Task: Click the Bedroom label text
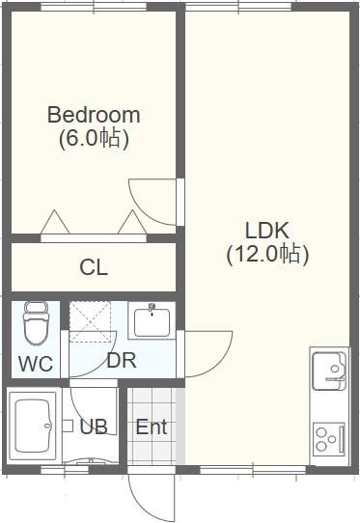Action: pos(94,115)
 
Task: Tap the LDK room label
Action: pos(267,231)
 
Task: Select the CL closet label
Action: pos(94,267)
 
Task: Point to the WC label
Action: pos(36,364)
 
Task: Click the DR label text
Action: pos(122,360)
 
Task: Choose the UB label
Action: pos(94,427)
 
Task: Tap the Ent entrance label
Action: pos(152,427)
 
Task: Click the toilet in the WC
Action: pos(36,323)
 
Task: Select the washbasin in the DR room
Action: pos(152,321)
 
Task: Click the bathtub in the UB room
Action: pos(33,426)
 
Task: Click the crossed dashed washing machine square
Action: pos(90,321)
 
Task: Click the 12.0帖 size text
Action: pos(267,254)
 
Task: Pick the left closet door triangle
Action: pos(55,222)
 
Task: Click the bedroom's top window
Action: pos(94,7)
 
